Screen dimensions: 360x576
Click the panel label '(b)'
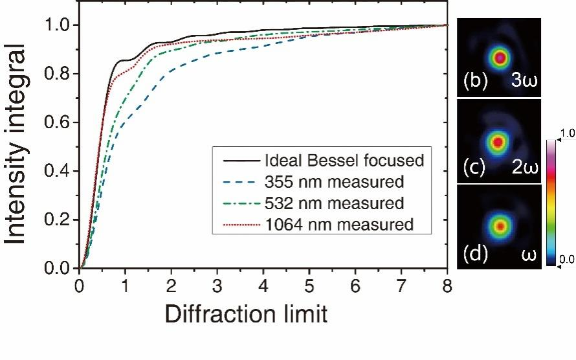[x=476, y=82]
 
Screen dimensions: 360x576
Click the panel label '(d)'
[x=476, y=253]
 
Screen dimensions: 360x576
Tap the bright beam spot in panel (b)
[x=499, y=57]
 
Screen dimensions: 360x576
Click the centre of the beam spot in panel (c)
[x=498, y=141]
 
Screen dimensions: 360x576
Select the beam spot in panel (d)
[x=500, y=226]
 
